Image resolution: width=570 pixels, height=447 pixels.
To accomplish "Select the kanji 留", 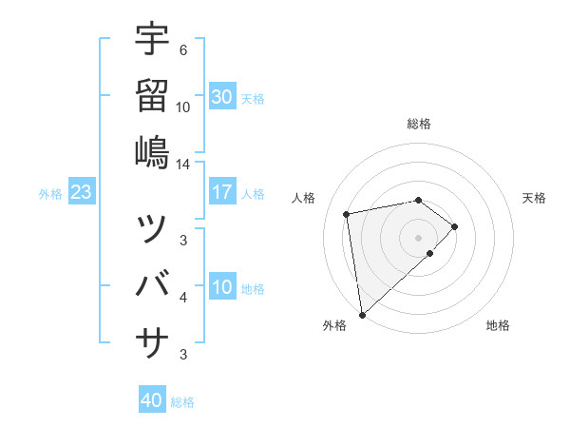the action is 152,95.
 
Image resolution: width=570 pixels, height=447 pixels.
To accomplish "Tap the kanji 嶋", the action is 152,152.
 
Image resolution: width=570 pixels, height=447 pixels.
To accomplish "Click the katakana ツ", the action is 152,228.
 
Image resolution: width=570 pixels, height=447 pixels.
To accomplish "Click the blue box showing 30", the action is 222,97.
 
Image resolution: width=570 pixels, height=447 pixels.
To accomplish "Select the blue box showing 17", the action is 222,193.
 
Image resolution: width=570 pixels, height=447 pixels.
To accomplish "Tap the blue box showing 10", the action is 222,288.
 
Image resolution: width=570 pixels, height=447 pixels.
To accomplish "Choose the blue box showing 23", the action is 81,193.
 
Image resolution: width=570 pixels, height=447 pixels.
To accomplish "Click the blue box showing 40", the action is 152,400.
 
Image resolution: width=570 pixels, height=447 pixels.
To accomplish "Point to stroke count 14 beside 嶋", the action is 183,165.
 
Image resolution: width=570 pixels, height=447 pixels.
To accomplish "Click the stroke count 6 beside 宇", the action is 183,49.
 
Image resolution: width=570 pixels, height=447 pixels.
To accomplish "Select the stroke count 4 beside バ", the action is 183,298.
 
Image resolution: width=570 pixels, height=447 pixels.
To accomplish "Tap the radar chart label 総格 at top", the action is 419,124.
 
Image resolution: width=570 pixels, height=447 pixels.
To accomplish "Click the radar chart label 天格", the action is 534,198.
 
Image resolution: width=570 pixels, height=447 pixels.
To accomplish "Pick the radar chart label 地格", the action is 498,325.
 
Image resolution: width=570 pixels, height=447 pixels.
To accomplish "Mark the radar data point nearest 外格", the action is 362,314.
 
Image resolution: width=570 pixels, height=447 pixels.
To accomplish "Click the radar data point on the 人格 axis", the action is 348,213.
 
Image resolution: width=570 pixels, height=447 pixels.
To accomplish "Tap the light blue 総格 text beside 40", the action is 182,402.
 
